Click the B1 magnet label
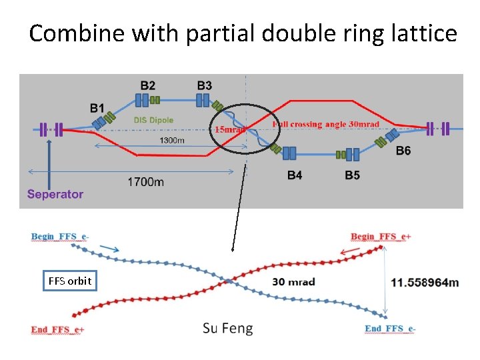[97, 107]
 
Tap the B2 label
[148, 85]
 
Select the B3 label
[205, 85]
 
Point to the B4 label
[295, 175]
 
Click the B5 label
[353, 175]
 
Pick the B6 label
[403, 151]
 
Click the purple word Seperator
[55, 194]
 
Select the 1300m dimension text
[173, 140]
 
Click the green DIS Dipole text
[153, 120]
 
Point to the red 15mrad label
[229, 130]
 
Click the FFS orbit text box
[69, 281]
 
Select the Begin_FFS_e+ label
[381, 237]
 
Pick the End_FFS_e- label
[390, 328]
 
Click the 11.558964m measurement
[425, 282]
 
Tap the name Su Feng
[228, 328]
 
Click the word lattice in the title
[423, 33]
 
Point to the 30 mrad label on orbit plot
[293, 281]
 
